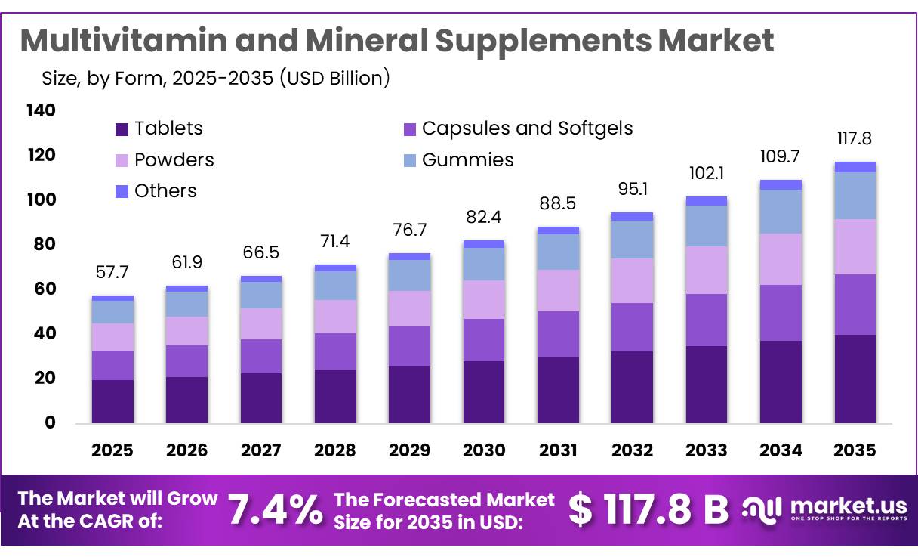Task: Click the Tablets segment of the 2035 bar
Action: point(855,379)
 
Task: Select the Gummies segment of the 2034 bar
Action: point(781,212)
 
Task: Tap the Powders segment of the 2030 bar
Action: point(484,299)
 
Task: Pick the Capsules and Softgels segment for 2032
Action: point(633,327)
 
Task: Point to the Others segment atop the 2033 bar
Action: point(707,201)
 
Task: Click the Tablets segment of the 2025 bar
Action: point(112,401)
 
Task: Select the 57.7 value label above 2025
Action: point(112,271)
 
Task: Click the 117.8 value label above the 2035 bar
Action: point(855,138)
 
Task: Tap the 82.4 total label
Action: point(484,218)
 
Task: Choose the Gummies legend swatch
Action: point(411,160)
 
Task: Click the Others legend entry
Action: point(165,191)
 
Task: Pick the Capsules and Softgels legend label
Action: point(527,128)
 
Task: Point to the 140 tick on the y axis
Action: point(41,110)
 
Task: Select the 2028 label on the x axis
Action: point(335,450)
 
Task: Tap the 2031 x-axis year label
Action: point(559,450)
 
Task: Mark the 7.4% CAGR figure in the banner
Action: point(275,509)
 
